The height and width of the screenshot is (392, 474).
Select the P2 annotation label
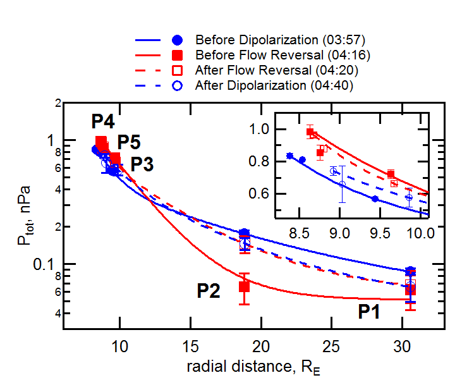coord(209,290)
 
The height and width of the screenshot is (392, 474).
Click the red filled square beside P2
coord(244,287)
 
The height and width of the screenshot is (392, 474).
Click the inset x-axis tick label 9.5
coord(380,232)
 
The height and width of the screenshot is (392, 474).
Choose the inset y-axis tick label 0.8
coord(262,161)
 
